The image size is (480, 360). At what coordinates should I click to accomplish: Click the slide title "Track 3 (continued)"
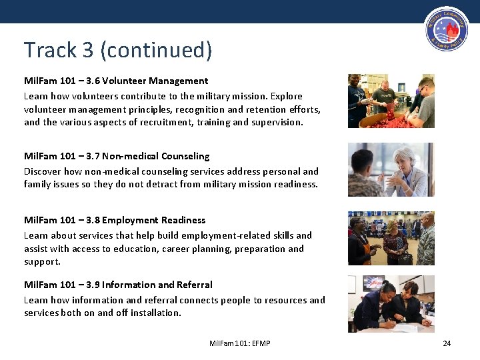coord(118,50)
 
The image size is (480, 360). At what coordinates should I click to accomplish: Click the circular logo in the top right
coord(445,33)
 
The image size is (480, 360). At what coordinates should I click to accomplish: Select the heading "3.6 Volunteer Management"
coord(116,81)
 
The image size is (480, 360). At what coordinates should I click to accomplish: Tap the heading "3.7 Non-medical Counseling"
coord(117,156)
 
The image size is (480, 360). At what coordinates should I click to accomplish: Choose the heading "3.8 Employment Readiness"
coord(115,220)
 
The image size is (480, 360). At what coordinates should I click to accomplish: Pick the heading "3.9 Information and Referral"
coord(118,285)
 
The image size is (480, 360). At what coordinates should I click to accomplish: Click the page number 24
coord(447,343)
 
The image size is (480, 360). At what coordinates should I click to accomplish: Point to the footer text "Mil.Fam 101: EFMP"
coord(240,343)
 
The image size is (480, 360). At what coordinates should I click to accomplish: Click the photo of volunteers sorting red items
coord(391,101)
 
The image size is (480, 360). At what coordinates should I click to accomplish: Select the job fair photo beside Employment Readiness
coord(391,239)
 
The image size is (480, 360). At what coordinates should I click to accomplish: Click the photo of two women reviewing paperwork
coord(391,303)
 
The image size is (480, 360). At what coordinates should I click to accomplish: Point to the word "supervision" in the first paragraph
coord(276,122)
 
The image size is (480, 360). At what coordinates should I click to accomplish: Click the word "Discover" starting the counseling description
coord(43,171)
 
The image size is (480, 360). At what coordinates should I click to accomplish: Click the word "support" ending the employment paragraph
coord(41,261)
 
